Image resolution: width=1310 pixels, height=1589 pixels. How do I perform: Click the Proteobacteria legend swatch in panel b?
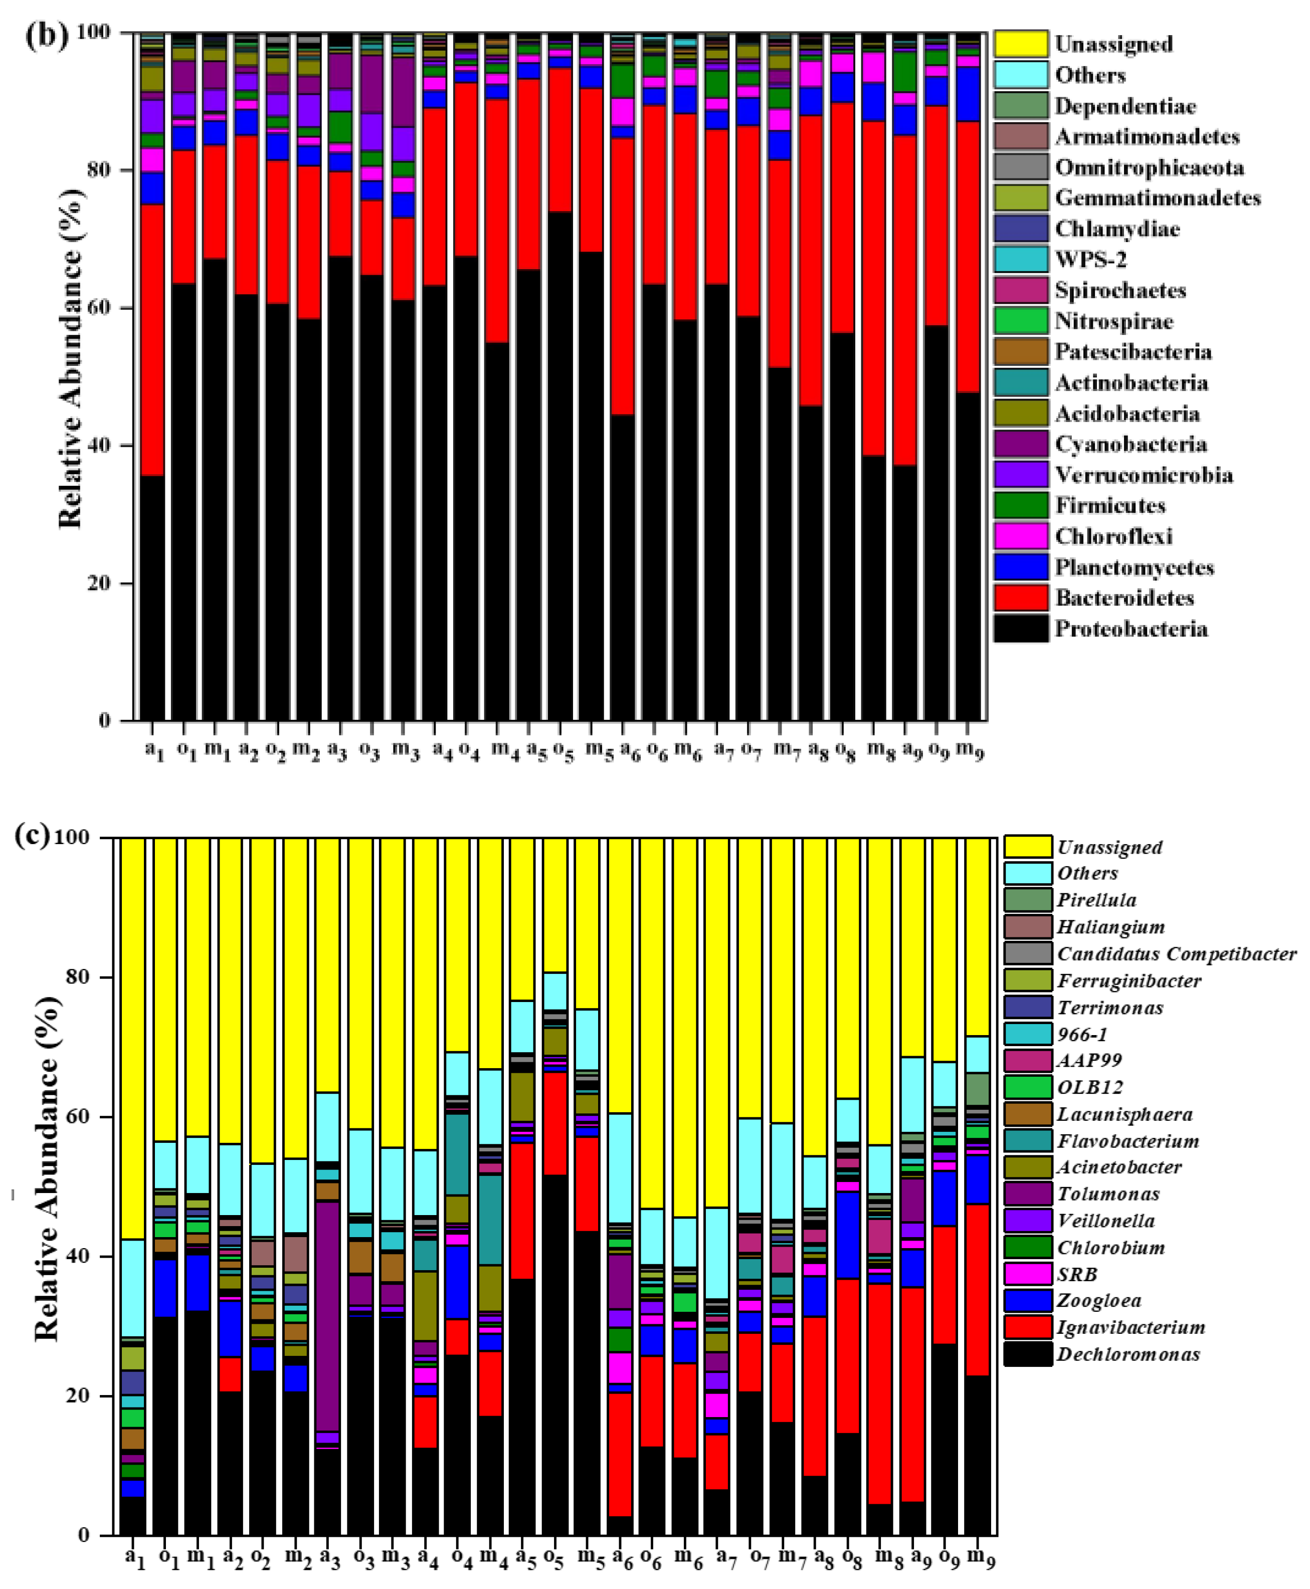click(x=1020, y=629)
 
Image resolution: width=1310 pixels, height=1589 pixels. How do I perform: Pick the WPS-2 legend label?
click(x=1090, y=260)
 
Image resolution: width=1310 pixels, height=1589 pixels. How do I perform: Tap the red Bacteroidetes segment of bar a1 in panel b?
click(x=152, y=339)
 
